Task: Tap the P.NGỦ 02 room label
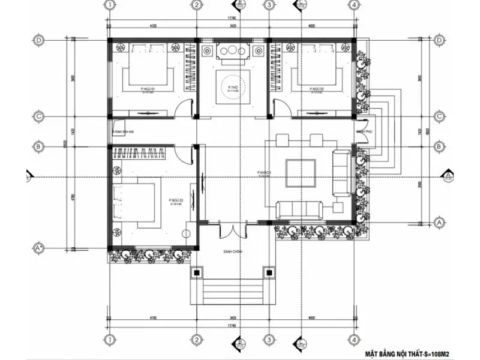click(x=317, y=89)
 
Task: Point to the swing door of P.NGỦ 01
click(x=185, y=107)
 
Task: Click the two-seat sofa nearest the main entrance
click(x=300, y=210)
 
